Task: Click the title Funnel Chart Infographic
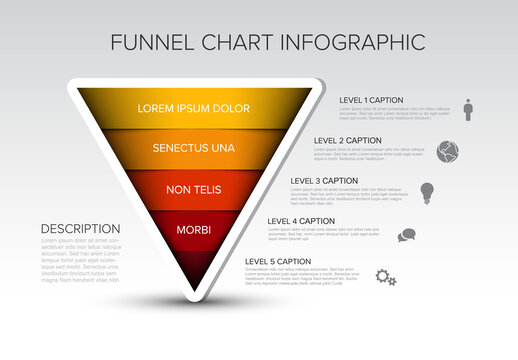[267, 42]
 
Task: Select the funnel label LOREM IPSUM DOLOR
[194, 108]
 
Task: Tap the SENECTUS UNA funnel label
[194, 148]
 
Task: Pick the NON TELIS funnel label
[194, 189]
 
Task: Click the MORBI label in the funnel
[194, 230]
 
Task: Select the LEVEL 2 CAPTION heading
[348, 140]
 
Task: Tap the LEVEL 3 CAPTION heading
[324, 181]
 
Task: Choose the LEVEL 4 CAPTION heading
[301, 221]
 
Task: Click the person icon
[468, 109]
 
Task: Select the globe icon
[448, 151]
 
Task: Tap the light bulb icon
[427, 192]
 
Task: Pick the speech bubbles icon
[406, 236]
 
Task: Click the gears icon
[386, 277]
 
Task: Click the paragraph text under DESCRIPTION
[80, 260]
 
